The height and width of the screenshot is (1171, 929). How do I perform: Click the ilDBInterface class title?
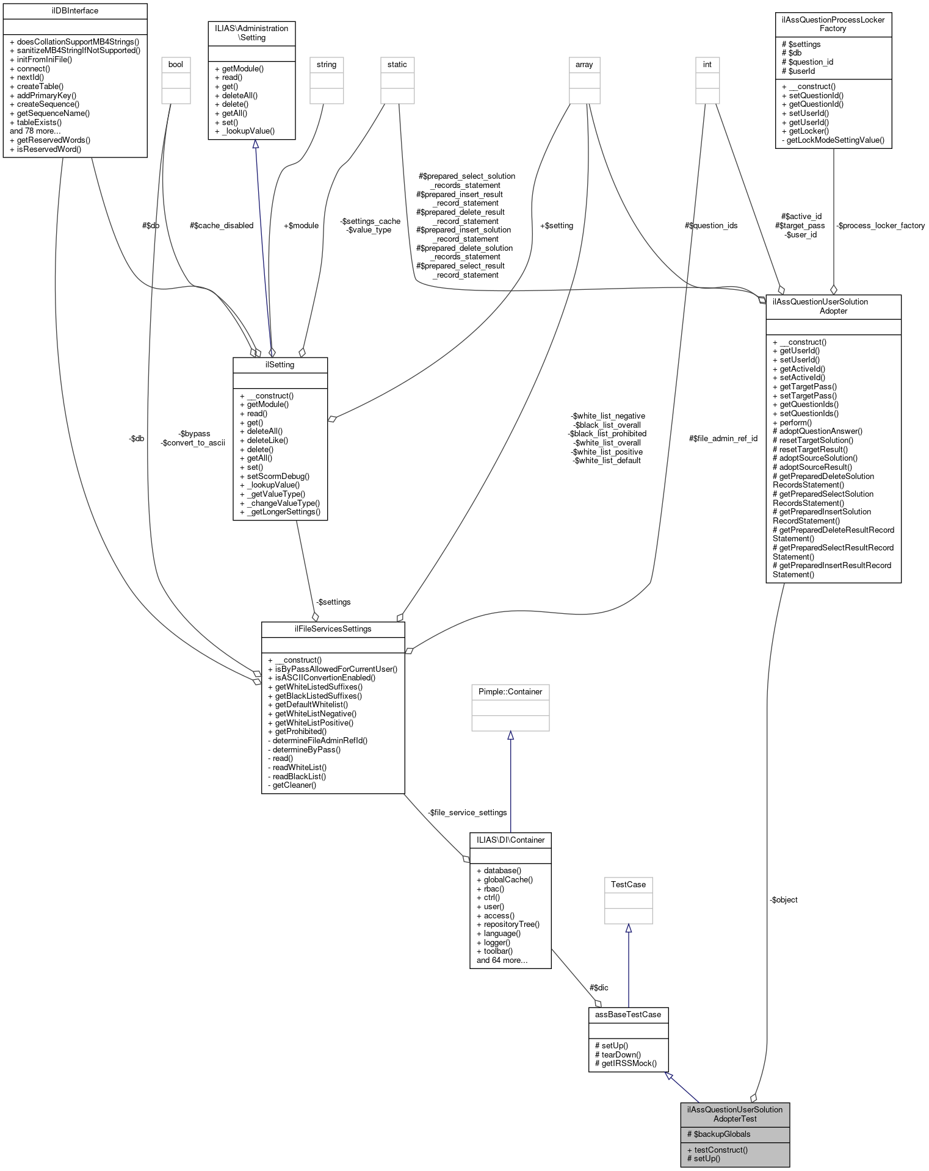[74, 11]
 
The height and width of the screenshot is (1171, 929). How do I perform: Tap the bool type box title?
[175, 65]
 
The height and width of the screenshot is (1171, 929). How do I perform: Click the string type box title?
[326, 65]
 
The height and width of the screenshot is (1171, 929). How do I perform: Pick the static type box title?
[397, 65]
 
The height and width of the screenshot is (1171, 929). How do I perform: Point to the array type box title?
[584, 65]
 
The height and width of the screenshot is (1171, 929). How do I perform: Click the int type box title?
[707, 65]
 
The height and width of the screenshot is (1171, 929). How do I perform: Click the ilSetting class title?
[280, 365]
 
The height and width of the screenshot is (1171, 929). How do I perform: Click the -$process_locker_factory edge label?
[880, 226]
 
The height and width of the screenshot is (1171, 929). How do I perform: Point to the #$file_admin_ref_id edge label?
[723, 438]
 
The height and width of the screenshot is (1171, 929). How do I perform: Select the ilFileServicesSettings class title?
[333, 629]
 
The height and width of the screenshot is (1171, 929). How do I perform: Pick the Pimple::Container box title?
[510, 691]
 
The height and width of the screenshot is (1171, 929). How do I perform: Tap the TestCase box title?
[628, 884]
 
